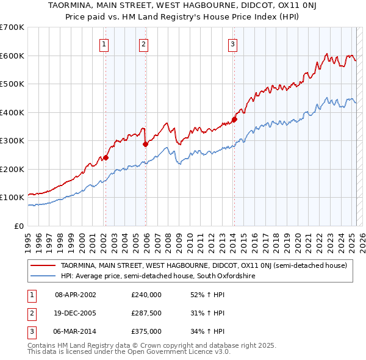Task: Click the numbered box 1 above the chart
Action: (x=105, y=43)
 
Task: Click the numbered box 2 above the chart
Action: (x=143, y=43)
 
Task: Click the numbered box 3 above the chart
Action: (x=233, y=43)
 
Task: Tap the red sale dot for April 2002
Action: (x=106, y=157)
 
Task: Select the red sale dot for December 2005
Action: (x=145, y=144)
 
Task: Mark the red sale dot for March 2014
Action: (x=234, y=120)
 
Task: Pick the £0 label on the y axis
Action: (x=18, y=226)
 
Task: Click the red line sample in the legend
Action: (x=43, y=265)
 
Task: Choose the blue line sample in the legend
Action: (x=43, y=276)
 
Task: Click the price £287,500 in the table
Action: (x=146, y=313)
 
